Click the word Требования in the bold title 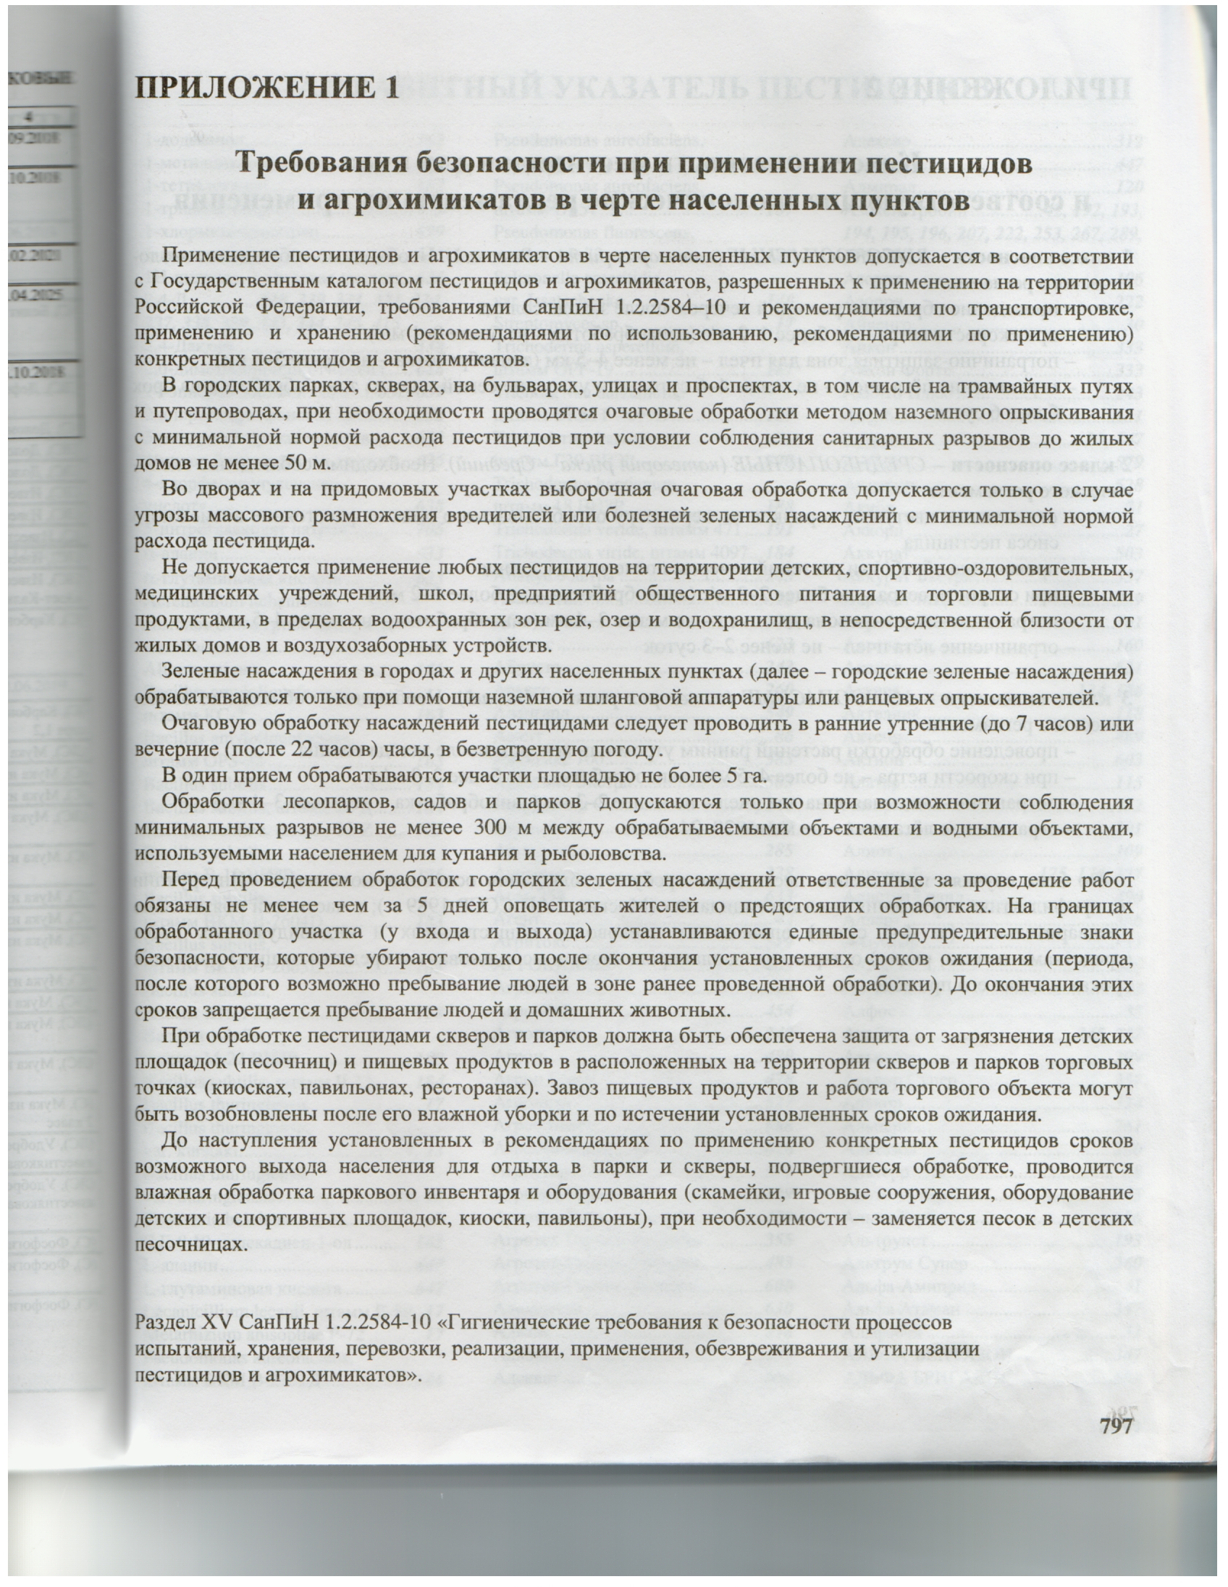click(x=324, y=164)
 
